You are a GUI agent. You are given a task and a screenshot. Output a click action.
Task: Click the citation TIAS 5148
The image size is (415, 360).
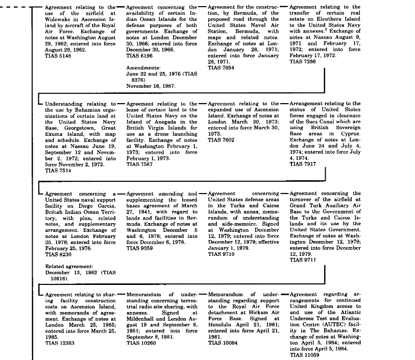58,56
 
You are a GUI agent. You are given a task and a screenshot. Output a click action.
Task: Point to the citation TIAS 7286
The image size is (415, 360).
303,61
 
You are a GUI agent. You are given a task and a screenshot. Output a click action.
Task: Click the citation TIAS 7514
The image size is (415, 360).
58,171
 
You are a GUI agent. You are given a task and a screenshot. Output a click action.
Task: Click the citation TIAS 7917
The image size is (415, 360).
303,165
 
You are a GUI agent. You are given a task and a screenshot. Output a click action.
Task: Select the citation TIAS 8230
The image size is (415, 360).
58,254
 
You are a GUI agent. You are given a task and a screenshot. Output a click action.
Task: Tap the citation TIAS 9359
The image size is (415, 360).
139,248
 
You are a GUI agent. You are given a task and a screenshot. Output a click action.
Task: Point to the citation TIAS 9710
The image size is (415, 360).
221,254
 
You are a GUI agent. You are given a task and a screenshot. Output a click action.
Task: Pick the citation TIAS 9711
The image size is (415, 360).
303,259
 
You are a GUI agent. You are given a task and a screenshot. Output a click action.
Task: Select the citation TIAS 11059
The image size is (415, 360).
304,354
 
